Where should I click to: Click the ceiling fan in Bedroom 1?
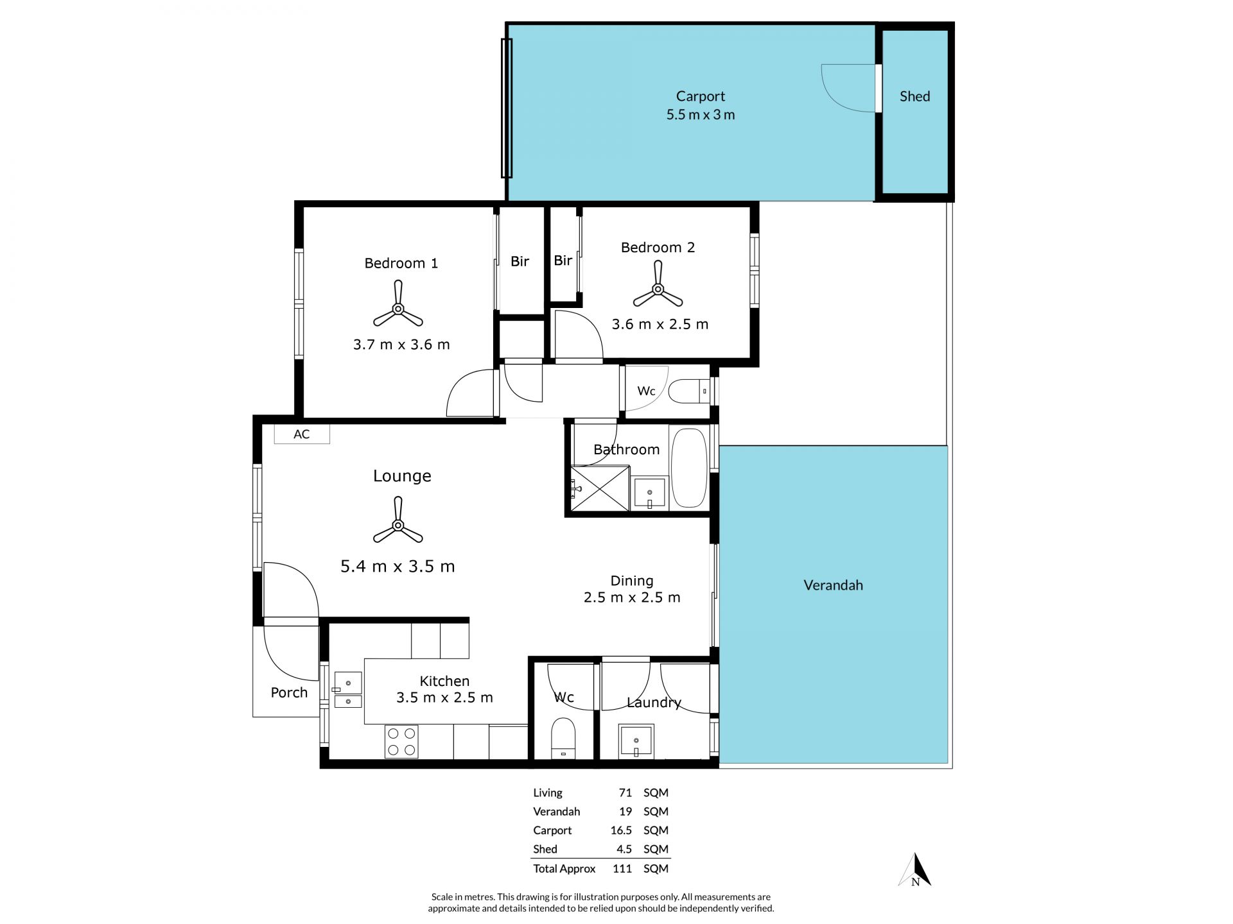(x=398, y=309)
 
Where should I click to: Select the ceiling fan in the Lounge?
(x=398, y=525)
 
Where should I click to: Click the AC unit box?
(x=302, y=434)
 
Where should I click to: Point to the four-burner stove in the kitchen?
(x=402, y=742)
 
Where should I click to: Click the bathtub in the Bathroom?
(x=689, y=468)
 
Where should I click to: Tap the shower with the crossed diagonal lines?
(x=600, y=488)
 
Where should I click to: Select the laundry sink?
(x=636, y=742)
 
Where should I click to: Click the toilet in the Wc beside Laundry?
(x=564, y=739)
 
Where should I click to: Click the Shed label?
(x=914, y=96)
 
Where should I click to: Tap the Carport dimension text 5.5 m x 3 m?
(x=701, y=115)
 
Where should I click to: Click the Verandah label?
(x=833, y=585)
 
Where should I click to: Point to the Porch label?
(x=289, y=692)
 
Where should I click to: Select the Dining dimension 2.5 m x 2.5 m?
(x=632, y=597)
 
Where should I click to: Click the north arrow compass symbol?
(x=916, y=871)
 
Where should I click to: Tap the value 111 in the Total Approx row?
(x=622, y=869)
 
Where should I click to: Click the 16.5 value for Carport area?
(x=621, y=830)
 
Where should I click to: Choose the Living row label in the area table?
(x=548, y=793)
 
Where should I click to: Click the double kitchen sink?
(x=347, y=690)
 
